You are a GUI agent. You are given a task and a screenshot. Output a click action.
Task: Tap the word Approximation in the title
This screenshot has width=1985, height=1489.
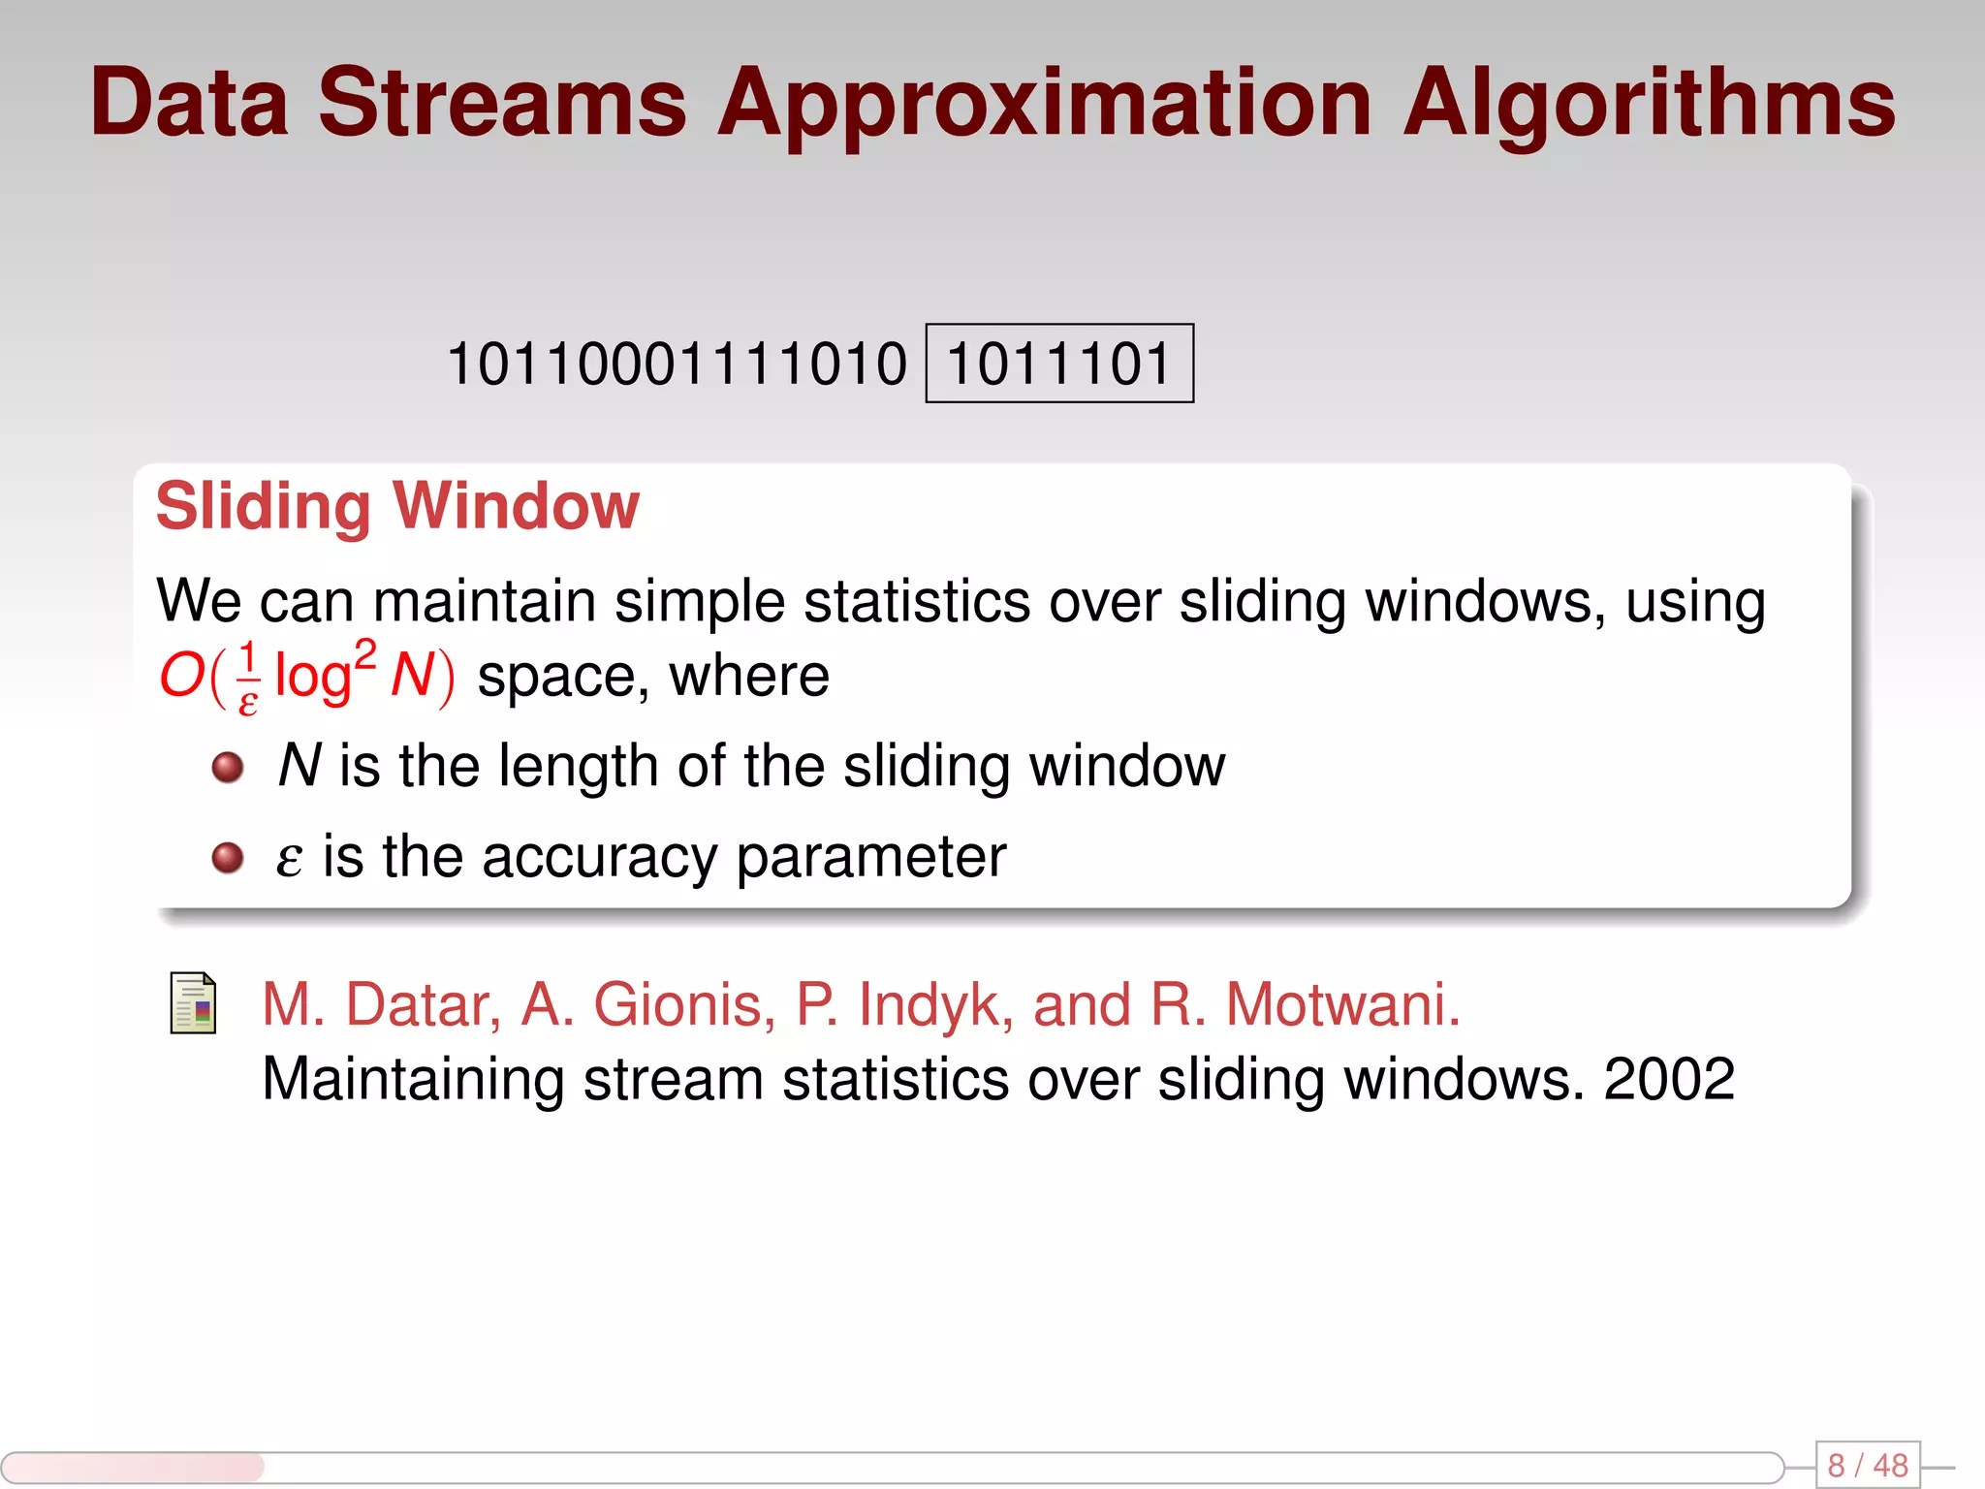1044,105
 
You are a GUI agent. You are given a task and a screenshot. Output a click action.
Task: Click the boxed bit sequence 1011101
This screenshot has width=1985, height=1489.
1059,364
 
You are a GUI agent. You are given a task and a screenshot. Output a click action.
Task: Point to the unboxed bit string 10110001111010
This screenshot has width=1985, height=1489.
677,364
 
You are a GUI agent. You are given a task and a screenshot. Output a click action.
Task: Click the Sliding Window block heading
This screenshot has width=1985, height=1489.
397,506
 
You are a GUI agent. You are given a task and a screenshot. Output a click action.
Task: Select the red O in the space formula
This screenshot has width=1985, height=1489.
181,675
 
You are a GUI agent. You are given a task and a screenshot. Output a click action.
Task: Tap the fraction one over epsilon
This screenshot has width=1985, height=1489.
248,677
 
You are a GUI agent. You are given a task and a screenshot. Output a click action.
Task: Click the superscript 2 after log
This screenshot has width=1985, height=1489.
364,655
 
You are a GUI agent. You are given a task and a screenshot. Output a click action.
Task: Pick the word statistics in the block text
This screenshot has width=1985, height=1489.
917,601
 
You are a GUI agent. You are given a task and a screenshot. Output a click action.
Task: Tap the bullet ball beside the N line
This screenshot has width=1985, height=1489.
228,767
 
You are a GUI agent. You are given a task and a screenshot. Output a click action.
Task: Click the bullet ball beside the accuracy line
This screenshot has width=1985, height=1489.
228,857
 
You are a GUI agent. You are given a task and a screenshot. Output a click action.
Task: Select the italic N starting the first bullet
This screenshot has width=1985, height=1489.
299,766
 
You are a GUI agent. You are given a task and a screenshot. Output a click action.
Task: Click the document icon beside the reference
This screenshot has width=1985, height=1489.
193,1002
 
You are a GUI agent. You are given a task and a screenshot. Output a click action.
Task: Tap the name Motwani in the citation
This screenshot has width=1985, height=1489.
1342,1004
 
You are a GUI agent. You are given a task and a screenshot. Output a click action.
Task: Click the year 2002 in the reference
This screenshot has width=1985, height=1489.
1669,1079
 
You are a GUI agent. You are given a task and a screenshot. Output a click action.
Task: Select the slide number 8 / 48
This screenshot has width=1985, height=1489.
1867,1465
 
